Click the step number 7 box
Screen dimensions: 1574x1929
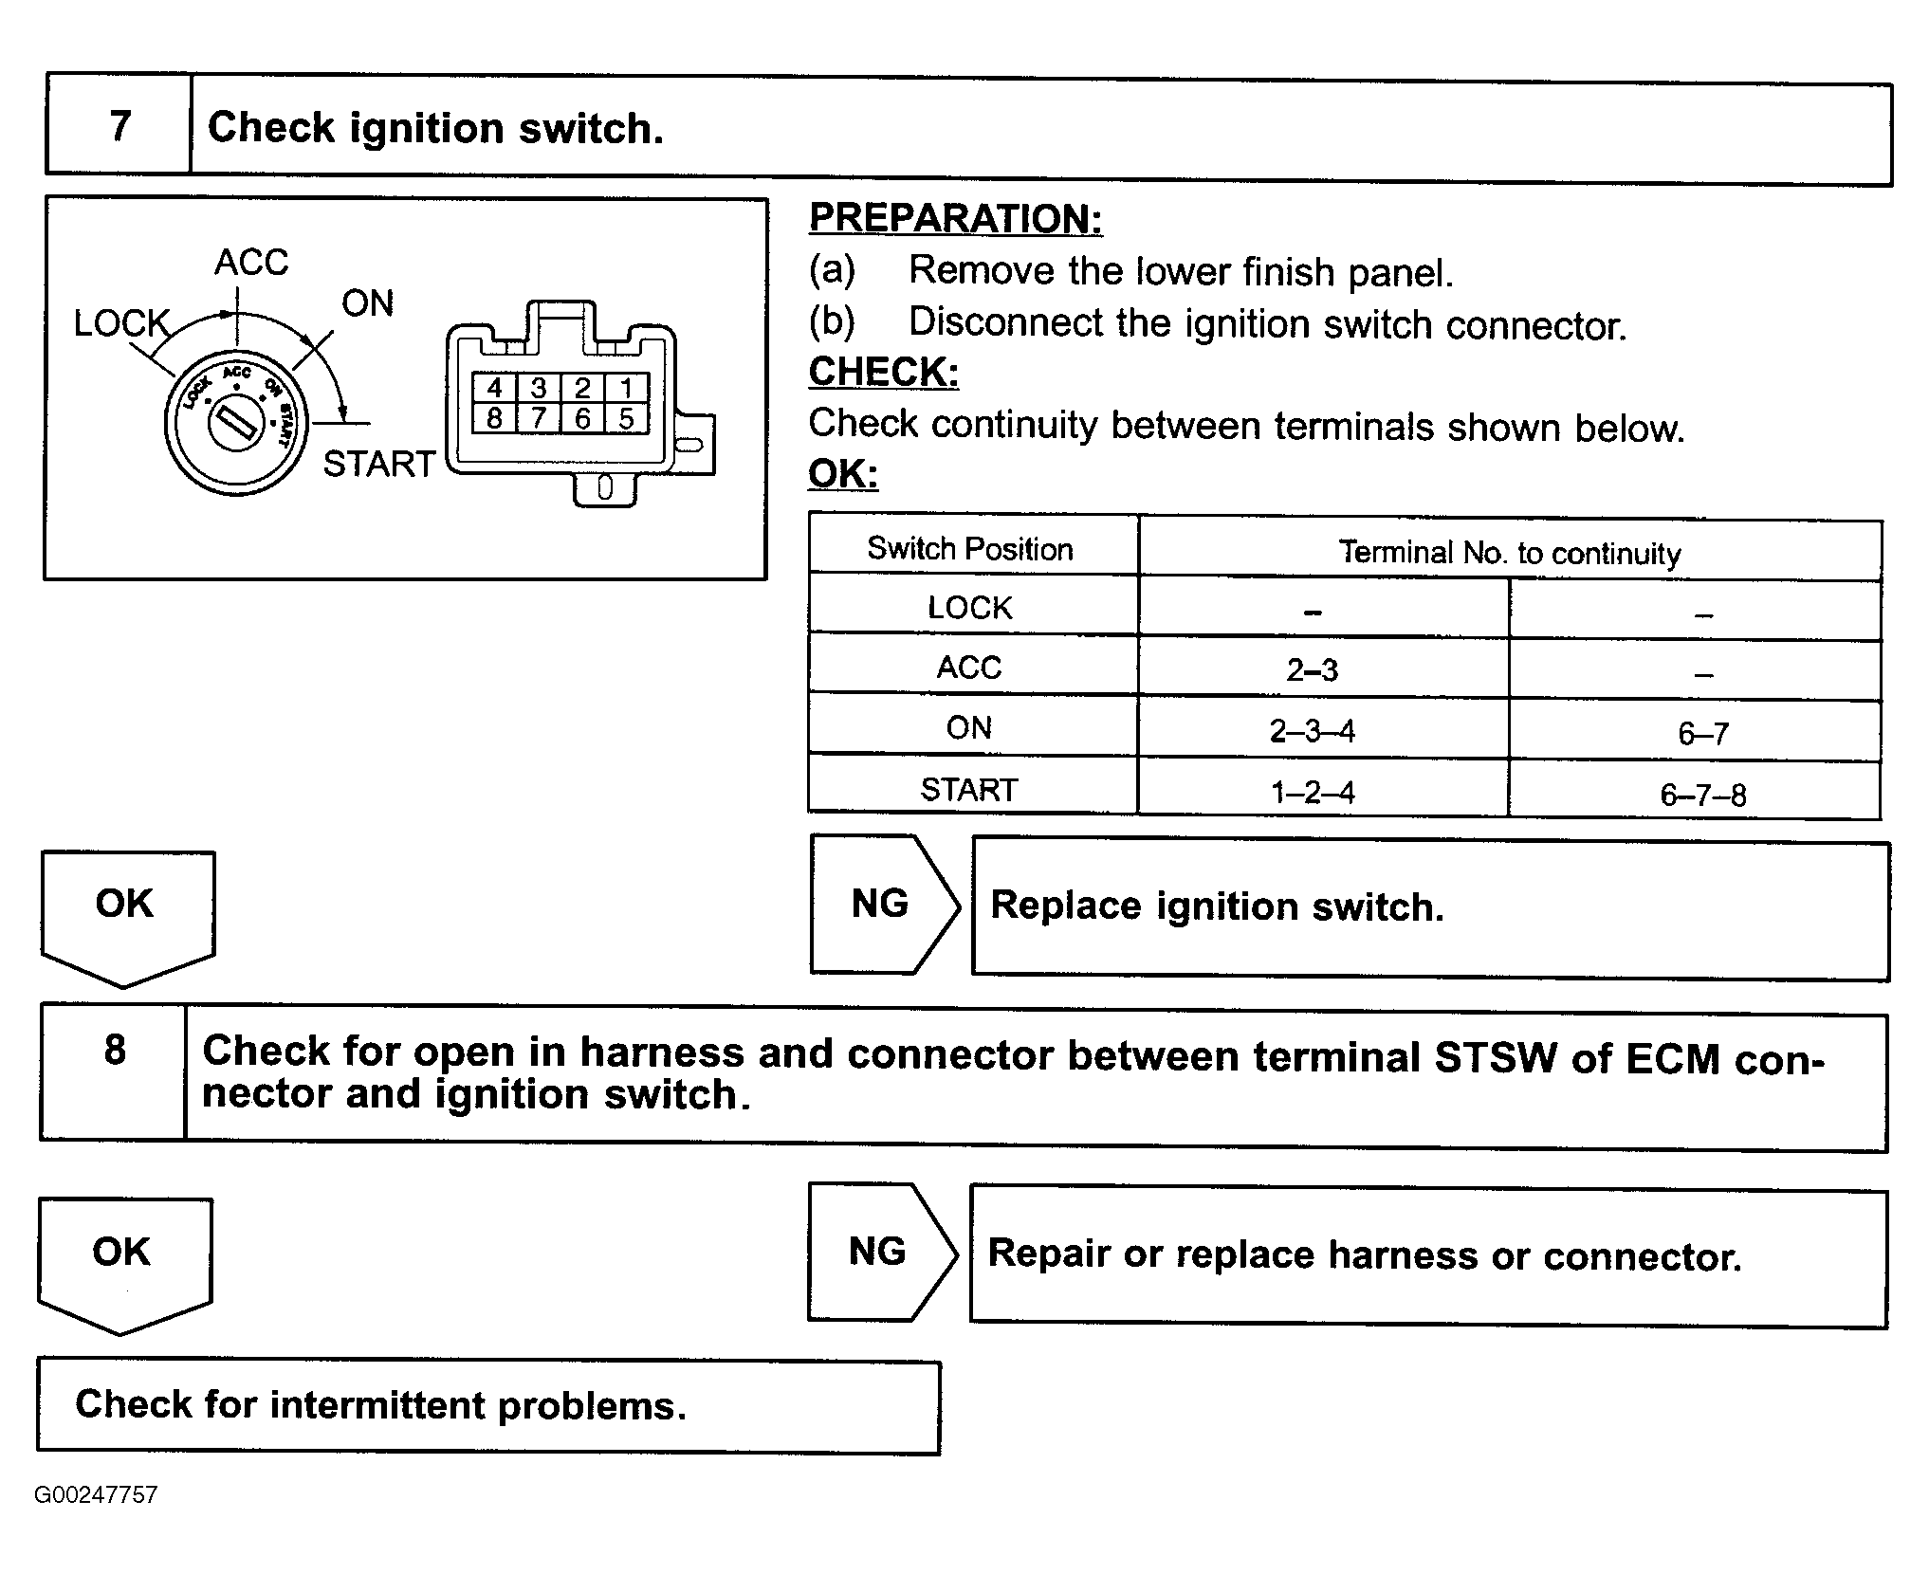click(119, 127)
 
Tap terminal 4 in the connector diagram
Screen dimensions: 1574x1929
click(494, 388)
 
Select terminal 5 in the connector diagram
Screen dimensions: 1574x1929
click(626, 418)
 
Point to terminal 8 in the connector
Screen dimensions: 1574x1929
click(494, 418)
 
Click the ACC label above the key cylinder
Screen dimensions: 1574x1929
click(251, 262)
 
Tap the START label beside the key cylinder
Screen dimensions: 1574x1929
click(378, 464)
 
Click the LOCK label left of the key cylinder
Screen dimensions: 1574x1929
click(121, 324)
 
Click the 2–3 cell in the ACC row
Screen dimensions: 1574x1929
click(1313, 670)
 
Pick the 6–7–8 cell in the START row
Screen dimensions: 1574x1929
click(1702, 795)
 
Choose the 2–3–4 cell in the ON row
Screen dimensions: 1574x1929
click(1313, 731)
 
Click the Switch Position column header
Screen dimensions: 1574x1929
click(970, 549)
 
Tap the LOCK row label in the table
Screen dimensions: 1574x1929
click(970, 608)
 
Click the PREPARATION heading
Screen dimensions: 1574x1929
click(955, 219)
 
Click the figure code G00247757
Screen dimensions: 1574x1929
click(96, 1495)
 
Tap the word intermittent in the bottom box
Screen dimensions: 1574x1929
click(377, 1404)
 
